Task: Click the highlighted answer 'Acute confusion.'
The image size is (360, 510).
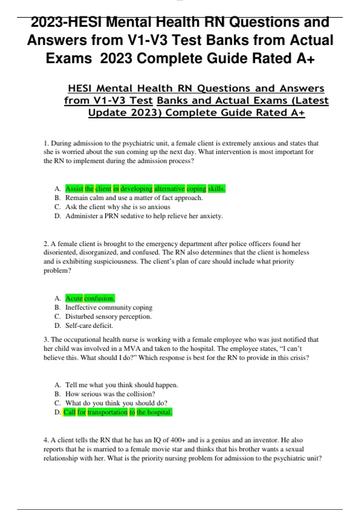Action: pyautogui.click(x=90, y=298)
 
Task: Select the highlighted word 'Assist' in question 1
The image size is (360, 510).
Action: pyautogui.click(x=74, y=189)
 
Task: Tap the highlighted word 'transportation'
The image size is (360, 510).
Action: pyautogui.click(x=107, y=412)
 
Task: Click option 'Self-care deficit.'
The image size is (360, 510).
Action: pyautogui.click(x=89, y=325)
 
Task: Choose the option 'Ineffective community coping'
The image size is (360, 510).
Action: pyautogui.click(x=109, y=307)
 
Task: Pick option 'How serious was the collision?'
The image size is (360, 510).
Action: pyautogui.click(x=110, y=394)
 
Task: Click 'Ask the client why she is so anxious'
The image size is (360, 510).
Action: pyautogui.click(x=118, y=207)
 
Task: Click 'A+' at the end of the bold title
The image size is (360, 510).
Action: pyautogui.click(x=305, y=58)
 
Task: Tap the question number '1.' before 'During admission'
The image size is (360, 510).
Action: pyautogui.click(x=46, y=143)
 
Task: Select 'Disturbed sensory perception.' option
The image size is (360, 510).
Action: pyautogui.click(x=108, y=316)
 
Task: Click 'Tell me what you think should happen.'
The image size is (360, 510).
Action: pyautogui.click(x=121, y=385)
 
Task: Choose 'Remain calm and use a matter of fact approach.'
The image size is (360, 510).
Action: pyautogui.click(x=134, y=198)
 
